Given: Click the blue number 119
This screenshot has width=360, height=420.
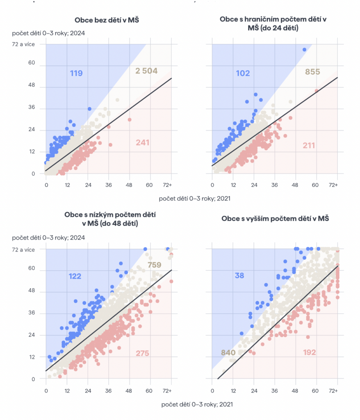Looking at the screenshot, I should click(76, 73).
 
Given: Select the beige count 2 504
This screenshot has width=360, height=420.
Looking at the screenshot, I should click(146, 71).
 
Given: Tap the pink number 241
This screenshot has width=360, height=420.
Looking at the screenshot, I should click(142, 143).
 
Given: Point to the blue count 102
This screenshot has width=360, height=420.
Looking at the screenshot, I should click(243, 73).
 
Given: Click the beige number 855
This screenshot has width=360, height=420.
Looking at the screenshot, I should click(312, 72).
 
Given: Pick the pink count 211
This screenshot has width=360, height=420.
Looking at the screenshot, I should click(310, 145).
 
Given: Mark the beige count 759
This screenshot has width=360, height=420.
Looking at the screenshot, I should click(154, 265).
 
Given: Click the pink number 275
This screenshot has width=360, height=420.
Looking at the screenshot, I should click(142, 353).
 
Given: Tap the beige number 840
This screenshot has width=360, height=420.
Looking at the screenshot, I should click(228, 352).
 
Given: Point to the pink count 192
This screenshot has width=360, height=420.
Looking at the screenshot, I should click(309, 352).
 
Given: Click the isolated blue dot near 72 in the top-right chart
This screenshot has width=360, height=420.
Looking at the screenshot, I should click(304, 50).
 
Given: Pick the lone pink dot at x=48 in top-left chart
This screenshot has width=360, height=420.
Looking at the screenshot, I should click(130, 119).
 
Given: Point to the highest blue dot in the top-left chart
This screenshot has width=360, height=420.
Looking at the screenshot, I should click(89, 109).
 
